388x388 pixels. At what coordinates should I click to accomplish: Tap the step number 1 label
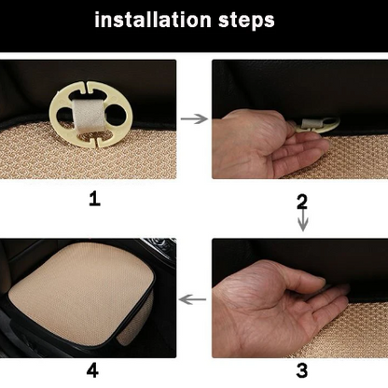click(93, 199)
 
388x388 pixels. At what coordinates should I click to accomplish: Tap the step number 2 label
click(301, 201)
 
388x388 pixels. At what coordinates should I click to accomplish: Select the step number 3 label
click(301, 370)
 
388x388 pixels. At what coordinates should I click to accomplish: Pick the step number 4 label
click(92, 370)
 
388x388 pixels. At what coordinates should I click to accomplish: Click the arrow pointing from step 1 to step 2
click(194, 119)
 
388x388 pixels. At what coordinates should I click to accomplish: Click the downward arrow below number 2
click(301, 222)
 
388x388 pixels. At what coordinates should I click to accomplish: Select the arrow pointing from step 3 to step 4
click(193, 299)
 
